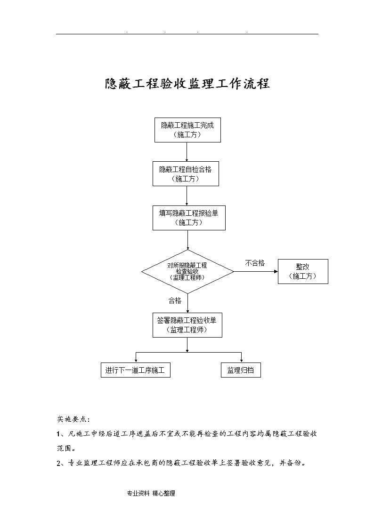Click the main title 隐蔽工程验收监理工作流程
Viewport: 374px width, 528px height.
187,84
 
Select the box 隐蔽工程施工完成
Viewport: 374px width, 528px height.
187,130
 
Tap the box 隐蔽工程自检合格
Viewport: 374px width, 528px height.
186,174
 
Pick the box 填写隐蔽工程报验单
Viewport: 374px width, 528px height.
189,218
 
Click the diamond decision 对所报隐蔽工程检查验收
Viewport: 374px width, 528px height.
187,271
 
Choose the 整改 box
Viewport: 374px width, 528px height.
303,271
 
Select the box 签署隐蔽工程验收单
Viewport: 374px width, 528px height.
187,325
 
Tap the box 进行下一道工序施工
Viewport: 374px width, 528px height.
135,370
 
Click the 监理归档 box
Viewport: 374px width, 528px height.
240,370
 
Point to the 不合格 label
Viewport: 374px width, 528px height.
255,263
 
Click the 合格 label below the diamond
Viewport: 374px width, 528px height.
175,300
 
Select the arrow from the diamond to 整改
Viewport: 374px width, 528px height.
256,271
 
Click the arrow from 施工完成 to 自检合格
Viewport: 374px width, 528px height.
187,152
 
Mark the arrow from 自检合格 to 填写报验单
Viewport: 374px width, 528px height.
187,196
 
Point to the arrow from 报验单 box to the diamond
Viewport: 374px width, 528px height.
187,240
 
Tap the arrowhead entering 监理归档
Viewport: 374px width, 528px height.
242,361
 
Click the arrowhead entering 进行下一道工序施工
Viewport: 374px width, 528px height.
136,361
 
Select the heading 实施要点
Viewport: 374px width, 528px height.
73,419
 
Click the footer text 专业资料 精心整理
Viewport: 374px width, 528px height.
151,493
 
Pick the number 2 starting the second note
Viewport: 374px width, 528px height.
59,463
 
